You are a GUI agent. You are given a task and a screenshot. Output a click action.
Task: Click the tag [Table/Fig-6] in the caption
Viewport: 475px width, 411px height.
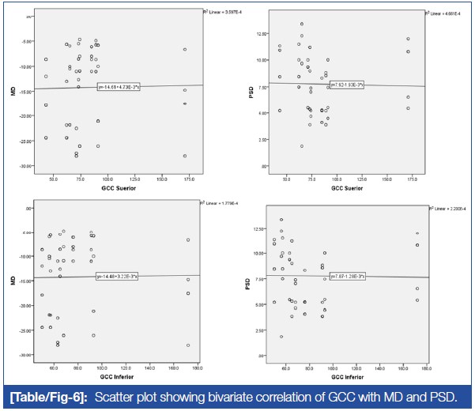point(59,394)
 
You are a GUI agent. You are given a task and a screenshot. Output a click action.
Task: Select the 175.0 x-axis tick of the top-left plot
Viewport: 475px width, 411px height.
point(187,179)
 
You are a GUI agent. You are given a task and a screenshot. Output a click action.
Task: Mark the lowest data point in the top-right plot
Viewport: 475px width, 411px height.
point(301,146)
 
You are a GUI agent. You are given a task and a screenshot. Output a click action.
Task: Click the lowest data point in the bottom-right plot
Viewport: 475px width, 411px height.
point(281,337)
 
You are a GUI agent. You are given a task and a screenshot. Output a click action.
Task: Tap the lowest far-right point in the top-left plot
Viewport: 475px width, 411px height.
point(185,156)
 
